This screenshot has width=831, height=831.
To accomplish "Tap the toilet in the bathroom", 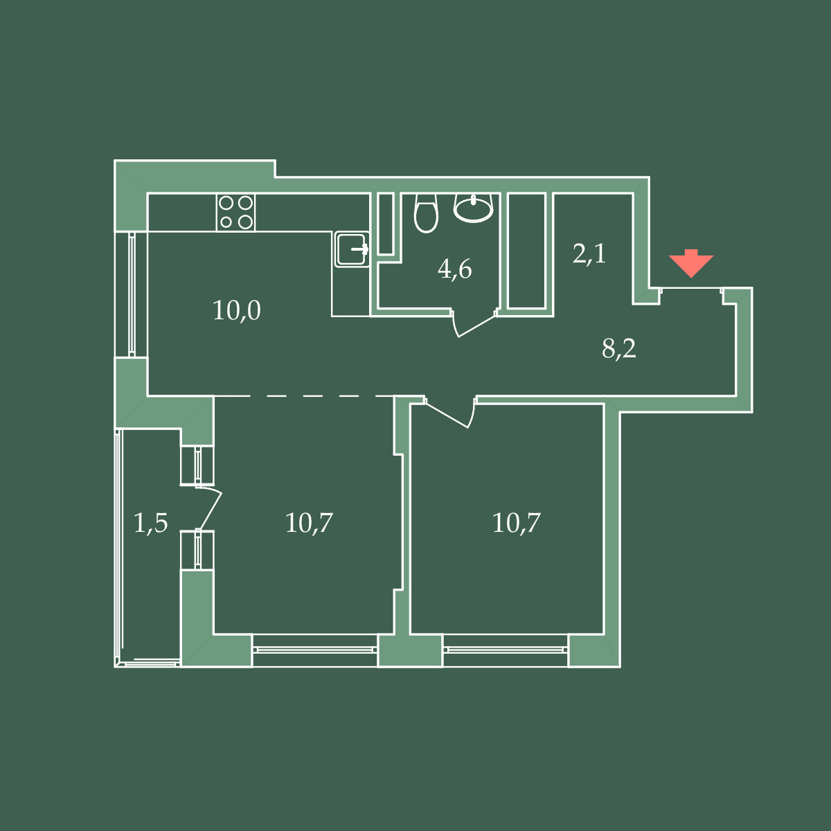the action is [426, 213].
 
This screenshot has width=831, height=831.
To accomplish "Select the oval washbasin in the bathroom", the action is [473, 208].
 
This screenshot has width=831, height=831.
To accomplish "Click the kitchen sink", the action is [352, 249].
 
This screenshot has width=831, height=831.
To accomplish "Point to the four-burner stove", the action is [236, 212].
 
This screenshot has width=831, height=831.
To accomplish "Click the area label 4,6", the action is [454, 270].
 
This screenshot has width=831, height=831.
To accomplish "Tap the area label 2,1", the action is [589, 253].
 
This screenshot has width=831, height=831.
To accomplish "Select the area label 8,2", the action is [619, 348].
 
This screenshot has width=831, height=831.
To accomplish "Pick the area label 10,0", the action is [236, 310].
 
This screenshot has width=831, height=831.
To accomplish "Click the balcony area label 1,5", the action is [150, 523].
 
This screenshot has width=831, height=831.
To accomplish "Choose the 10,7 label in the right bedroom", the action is [516, 523].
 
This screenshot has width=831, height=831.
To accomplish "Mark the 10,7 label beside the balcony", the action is [309, 523].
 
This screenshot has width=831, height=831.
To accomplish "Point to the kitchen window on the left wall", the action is [132, 294].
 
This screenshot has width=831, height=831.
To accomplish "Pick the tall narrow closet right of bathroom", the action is [526, 251].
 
